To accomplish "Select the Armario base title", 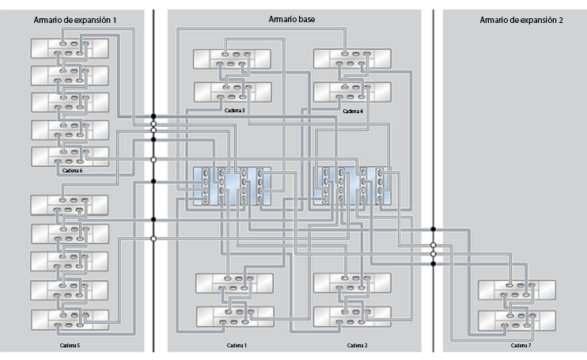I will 293,17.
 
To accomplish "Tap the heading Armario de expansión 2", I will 521,18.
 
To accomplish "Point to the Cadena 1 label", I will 237,346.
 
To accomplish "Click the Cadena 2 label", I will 357,346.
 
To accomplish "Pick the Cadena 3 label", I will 235,111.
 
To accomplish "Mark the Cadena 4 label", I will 353,111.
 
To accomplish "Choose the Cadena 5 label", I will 70,346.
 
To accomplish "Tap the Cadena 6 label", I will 71,170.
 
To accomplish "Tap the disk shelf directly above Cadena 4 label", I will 352,92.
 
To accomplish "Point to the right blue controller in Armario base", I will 352,185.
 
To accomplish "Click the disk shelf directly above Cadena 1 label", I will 235,316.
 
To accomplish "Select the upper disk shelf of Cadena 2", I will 353,283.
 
